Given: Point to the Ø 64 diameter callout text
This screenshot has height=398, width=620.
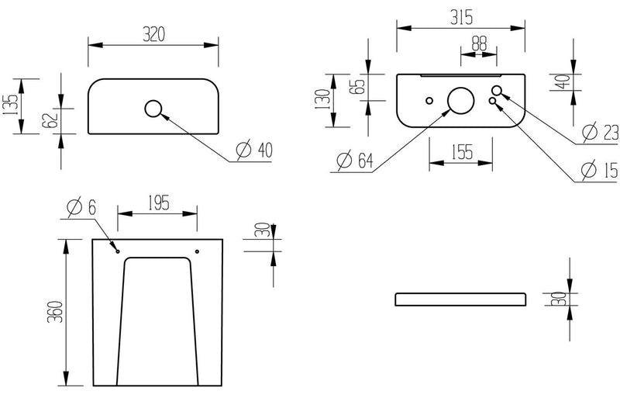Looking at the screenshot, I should (x=356, y=161).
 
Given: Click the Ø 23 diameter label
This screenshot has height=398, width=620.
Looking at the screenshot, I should (x=598, y=132).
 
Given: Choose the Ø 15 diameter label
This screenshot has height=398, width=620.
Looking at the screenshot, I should (x=598, y=169).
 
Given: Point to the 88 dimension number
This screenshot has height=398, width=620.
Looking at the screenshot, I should (x=480, y=44).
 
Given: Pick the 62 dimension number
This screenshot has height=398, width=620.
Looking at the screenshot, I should (x=52, y=120).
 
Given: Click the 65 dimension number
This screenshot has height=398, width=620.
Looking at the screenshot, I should (x=359, y=86).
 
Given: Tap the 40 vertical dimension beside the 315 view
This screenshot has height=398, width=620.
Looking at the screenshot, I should (x=564, y=78).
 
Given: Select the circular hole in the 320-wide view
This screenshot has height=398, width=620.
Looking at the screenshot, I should (x=153, y=108).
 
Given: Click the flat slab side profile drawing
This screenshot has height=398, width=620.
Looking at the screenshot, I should (x=460, y=299).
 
